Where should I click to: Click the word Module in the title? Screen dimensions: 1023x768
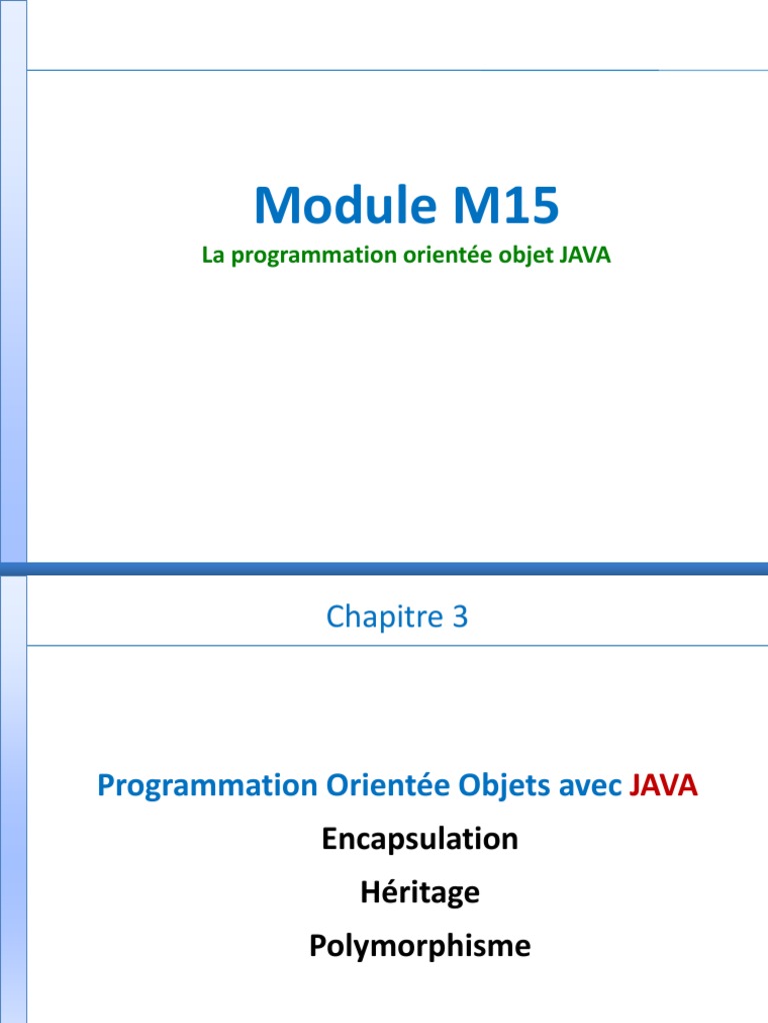[339, 206]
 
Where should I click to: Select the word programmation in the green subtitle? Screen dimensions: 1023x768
[289, 256]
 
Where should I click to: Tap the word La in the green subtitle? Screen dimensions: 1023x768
[212, 255]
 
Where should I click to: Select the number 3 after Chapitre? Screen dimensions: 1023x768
[460, 617]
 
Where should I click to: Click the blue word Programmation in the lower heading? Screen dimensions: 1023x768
[206, 786]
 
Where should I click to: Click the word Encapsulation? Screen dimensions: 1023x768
[420, 839]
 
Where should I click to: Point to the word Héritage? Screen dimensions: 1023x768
[420, 892]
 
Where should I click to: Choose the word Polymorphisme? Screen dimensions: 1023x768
[420, 946]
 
